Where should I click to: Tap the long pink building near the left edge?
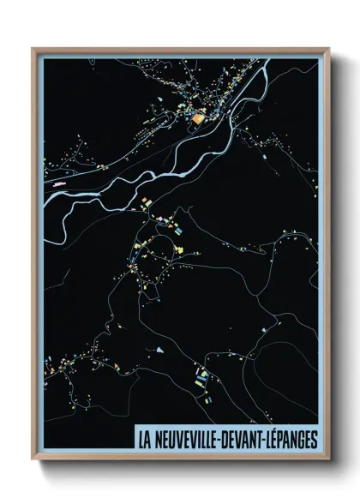click(58, 184)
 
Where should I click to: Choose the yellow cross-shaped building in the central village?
click(181, 249)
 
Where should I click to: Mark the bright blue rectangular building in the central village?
click(178, 229)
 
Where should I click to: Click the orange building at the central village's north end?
click(145, 202)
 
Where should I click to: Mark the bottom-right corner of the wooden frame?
click(328, 459)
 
